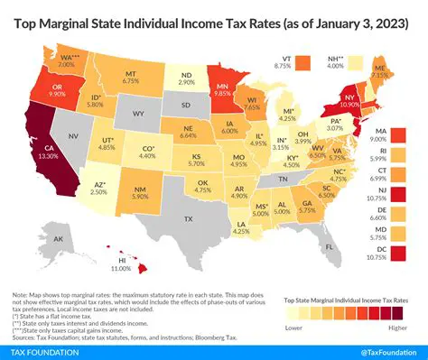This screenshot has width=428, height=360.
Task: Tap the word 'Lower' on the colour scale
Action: (293, 327)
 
